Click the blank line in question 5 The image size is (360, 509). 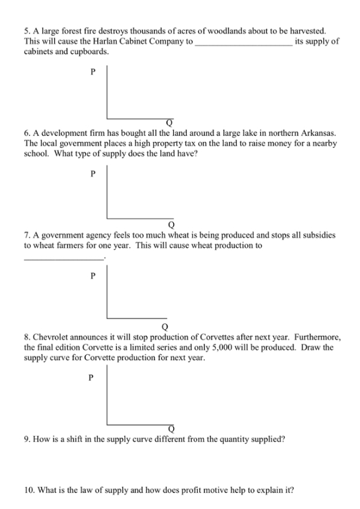(x=244, y=44)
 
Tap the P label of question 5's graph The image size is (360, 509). (x=92, y=72)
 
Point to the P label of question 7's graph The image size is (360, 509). (x=92, y=276)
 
